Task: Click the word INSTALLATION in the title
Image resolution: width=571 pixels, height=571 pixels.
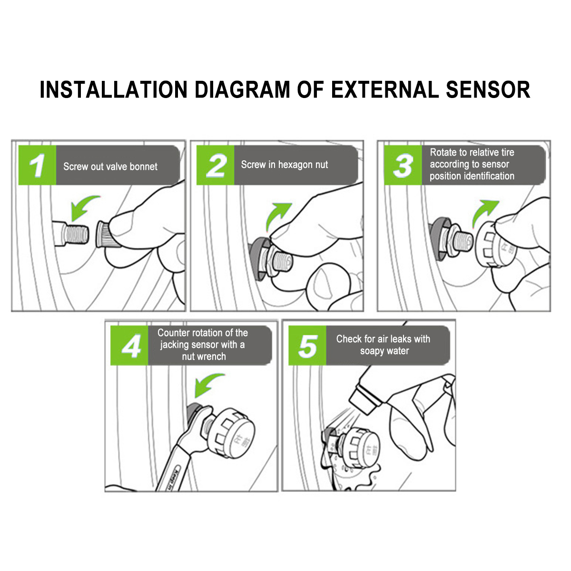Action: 114,90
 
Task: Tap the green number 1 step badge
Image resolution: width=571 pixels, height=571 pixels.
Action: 37,166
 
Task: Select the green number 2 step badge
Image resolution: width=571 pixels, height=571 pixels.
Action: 216,166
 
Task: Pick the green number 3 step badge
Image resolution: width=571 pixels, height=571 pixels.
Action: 403,166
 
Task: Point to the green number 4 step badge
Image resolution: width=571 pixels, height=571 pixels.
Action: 129,346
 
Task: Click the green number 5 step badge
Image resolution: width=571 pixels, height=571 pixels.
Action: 307,346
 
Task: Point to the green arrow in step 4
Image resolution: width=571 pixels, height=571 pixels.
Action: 208,384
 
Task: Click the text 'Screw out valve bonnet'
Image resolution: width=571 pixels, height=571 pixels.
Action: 110,167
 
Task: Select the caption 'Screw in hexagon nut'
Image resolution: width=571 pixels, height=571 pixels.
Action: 285,165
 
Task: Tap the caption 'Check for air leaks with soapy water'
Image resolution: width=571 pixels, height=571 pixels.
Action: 384,345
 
